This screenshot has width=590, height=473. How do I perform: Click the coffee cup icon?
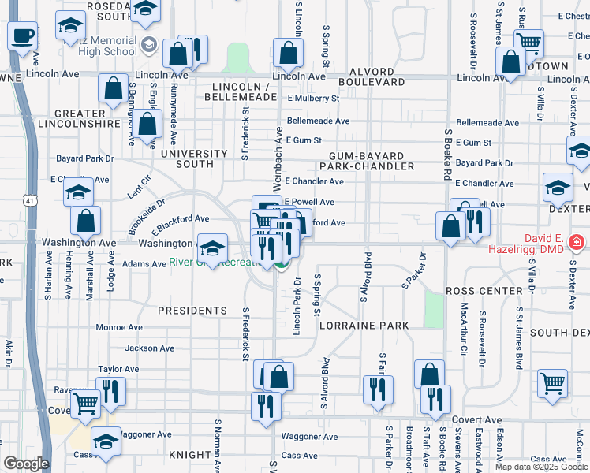21,35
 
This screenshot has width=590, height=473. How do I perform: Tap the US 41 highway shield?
28,202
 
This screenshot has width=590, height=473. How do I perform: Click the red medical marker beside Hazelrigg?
577,240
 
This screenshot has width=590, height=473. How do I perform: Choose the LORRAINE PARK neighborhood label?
364,325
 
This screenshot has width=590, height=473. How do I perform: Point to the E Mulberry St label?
313,99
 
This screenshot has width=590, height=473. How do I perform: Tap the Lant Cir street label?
139,191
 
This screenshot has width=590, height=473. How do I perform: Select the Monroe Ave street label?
119,327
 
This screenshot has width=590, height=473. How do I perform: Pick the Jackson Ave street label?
149,348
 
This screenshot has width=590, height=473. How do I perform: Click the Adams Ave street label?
122,264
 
